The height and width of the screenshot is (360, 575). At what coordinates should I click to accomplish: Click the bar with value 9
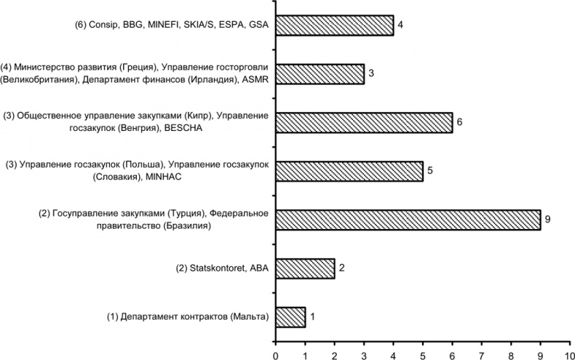408,220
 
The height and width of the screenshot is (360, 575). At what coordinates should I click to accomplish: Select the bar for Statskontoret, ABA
305,268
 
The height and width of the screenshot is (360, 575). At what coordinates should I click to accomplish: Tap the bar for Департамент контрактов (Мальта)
290,317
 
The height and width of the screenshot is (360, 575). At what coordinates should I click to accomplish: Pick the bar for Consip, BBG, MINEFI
334,25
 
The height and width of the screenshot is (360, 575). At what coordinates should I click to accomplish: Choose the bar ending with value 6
364,122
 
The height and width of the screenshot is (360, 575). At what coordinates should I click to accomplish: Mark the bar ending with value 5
349,171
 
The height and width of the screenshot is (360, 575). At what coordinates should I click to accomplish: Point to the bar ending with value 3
320,73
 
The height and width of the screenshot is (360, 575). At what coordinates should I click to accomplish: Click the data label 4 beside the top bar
401,25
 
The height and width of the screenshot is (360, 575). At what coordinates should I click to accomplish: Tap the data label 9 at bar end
548,220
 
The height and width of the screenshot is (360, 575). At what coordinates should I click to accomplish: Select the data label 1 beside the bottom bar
313,317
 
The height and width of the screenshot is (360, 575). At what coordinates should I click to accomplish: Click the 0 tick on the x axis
275,354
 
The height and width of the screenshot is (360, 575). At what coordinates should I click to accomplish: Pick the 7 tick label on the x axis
481,354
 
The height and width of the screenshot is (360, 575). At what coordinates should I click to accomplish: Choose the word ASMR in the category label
253,79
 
